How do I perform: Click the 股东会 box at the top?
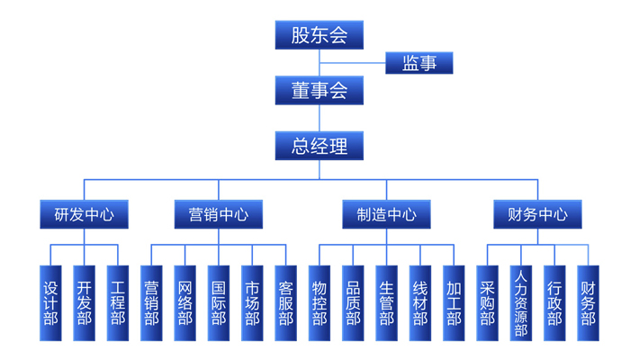pos(319,35)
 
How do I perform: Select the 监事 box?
pos(419,63)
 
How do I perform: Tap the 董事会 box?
pos(319,90)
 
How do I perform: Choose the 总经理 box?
pos(319,146)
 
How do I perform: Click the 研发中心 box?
pos(84,215)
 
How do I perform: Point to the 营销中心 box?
pos(219,215)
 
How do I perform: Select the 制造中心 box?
pos(387,215)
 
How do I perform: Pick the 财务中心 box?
pos(538,215)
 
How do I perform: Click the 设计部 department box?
pos(50,303)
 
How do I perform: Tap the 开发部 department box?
pos(84,303)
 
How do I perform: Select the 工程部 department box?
pos(117,303)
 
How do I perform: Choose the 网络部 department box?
pos(185,303)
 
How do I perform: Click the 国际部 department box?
pos(219,303)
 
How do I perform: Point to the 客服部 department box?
pos(285,303)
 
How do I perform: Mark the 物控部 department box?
pos(319,303)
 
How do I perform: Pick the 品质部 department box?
pos(353,303)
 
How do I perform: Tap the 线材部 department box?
pos(420,303)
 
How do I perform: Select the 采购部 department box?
pos(487,303)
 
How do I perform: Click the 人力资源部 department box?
pos(520,303)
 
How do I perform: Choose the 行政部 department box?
pos(554,303)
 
